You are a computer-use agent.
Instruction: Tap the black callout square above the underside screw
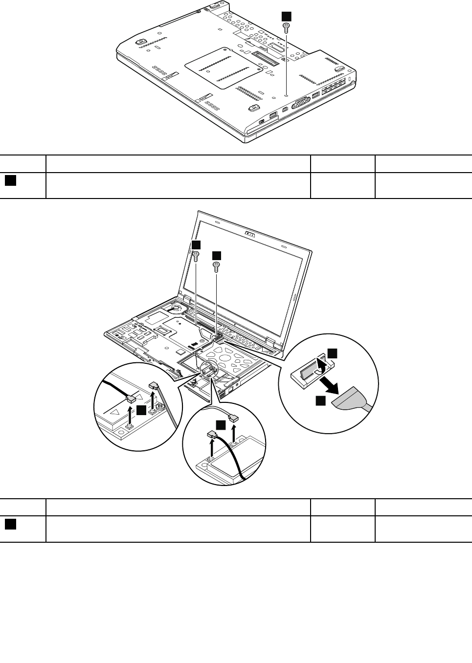click(287, 16)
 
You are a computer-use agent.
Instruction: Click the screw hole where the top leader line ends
click(287, 95)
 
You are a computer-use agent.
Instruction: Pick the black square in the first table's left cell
click(10, 180)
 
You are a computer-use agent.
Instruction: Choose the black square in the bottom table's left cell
click(10, 524)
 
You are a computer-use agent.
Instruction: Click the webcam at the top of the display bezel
click(249, 234)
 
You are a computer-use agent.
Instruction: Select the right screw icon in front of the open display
click(216, 265)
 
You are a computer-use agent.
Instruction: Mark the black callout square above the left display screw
click(196, 244)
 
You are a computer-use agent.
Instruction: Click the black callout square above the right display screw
click(216, 255)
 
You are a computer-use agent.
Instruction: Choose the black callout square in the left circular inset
click(141, 411)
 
